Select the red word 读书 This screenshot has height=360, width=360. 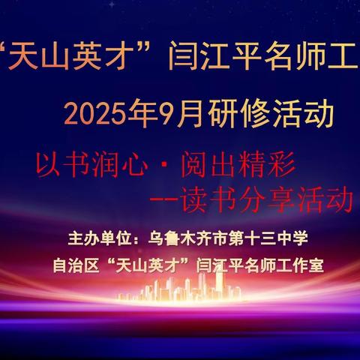coord(205,199)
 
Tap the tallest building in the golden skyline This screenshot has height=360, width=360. coord(219,284)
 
